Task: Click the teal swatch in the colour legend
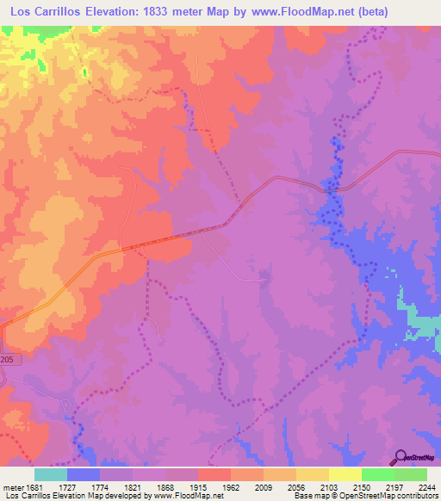point(51,474)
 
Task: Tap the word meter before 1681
point(10,487)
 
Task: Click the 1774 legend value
point(115,487)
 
